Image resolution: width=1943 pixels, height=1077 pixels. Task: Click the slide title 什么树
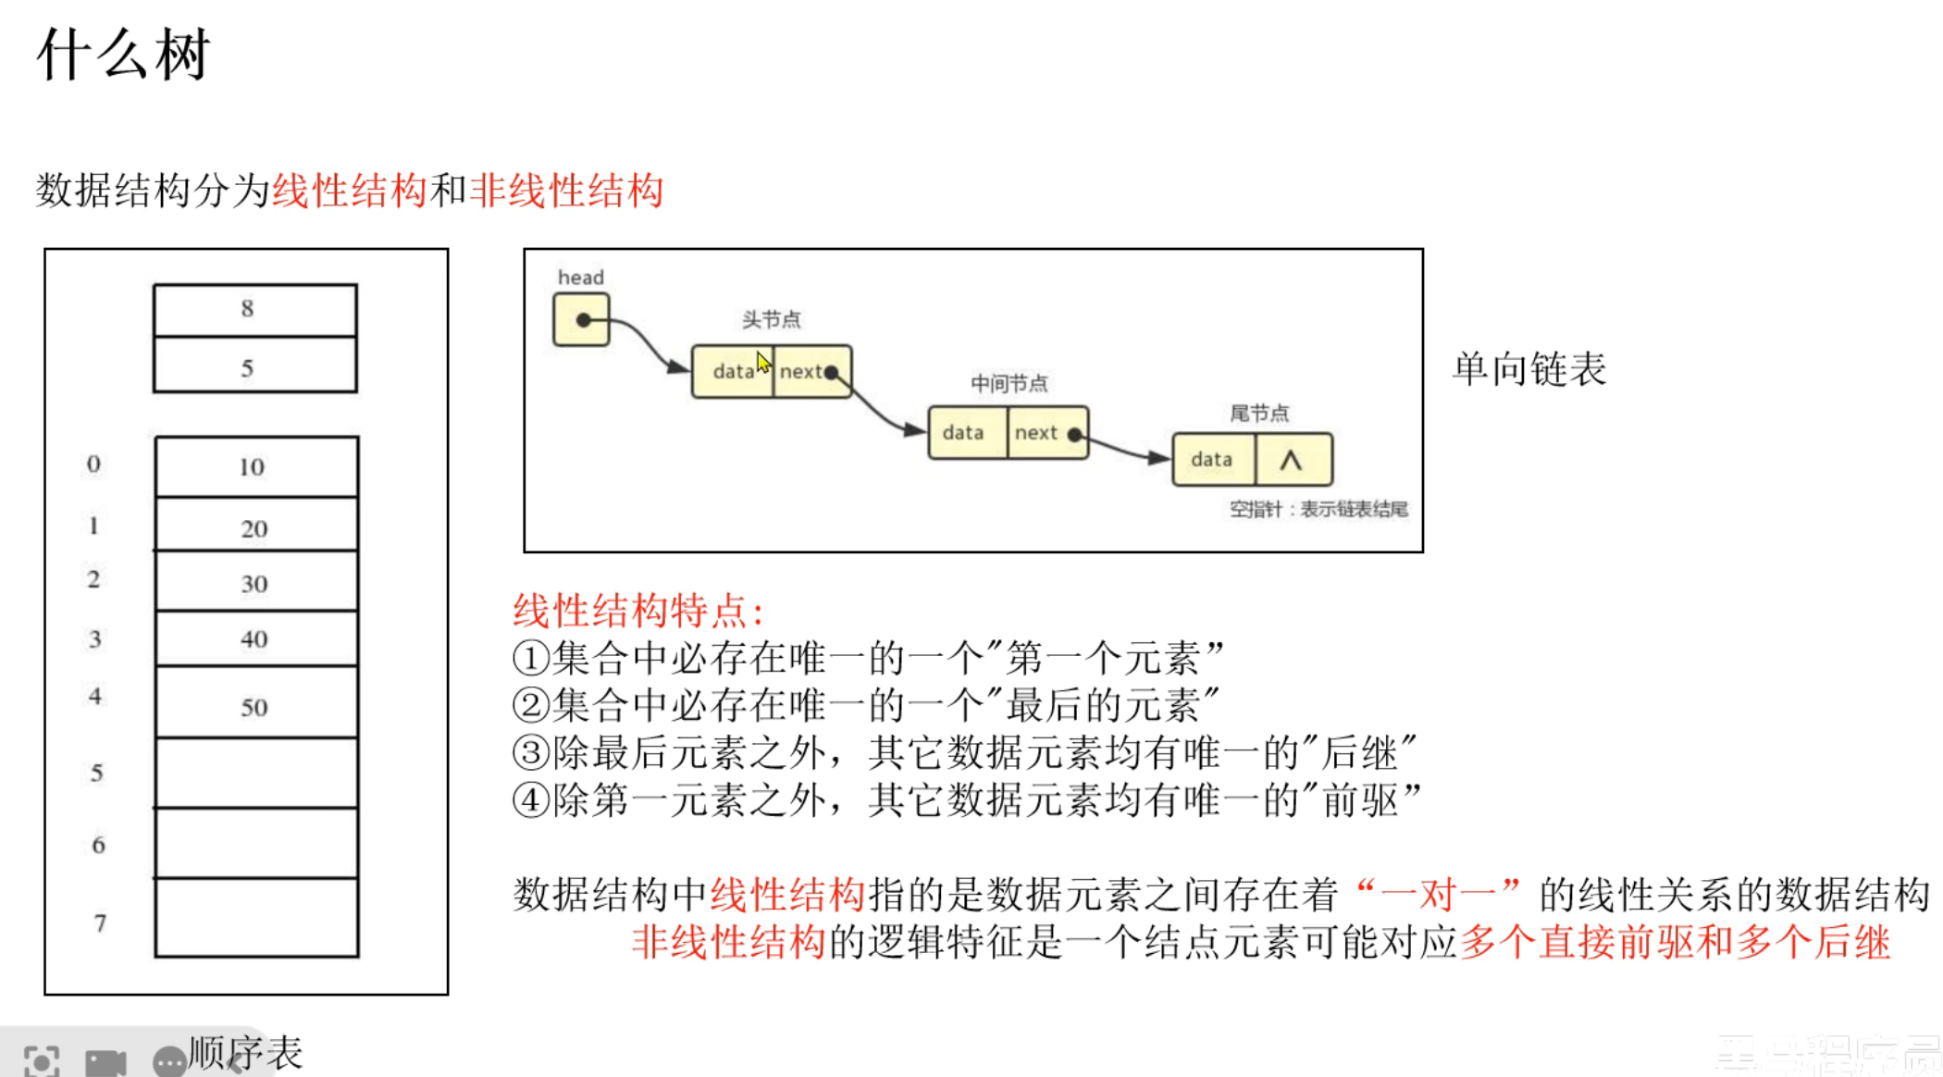(124, 55)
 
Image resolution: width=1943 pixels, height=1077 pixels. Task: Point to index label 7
(99, 922)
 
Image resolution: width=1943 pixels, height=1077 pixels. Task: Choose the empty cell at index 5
(256, 773)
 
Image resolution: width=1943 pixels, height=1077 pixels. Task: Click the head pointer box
(581, 320)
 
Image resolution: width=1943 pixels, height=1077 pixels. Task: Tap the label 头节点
(771, 319)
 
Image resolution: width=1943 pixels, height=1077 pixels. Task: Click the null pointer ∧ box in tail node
(1293, 460)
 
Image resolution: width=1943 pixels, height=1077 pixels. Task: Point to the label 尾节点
(1258, 413)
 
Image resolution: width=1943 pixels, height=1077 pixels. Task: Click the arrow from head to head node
(648, 342)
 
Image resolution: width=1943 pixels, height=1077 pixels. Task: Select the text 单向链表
(1528, 369)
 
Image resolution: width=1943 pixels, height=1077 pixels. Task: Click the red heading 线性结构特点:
(638, 611)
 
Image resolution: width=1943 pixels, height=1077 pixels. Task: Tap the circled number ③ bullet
(531, 752)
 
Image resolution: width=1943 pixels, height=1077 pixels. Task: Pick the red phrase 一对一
(1438, 895)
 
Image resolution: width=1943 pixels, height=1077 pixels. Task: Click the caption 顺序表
(246, 1053)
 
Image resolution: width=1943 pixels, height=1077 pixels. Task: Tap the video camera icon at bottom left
(105, 1061)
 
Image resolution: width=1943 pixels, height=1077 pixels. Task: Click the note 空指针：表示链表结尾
(1318, 510)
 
